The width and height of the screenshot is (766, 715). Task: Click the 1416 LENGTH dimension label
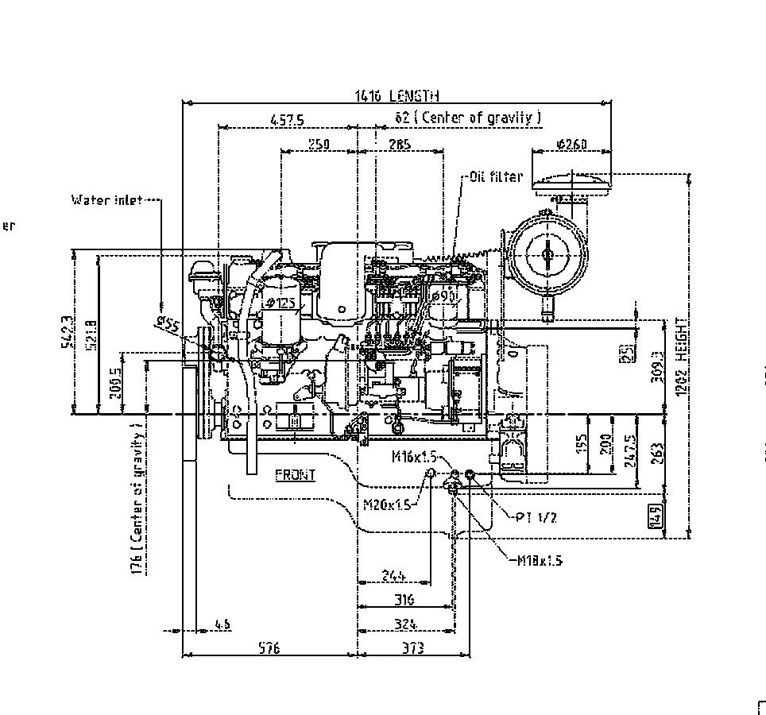click(x=397, y=97)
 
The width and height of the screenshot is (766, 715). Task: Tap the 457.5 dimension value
click(x=287, y=120)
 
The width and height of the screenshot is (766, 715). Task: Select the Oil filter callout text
click(x=496, y=176)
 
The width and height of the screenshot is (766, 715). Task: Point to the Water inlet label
click(x=106, y=200)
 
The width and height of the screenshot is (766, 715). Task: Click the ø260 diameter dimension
click(x=571, y=144)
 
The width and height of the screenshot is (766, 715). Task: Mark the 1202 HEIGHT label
click(x=680, y=350)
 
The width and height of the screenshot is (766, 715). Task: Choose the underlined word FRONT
click(x=295, y=475)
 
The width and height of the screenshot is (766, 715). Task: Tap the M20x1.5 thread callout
click(x=387, y=504)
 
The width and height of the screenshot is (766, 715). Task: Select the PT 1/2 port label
click(x=536, y=517)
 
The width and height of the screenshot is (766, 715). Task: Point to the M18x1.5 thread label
click(x=540, y=561)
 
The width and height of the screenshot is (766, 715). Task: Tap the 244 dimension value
click(x=393, y=575)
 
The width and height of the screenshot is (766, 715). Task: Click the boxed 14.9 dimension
click(x=656, y=516)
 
